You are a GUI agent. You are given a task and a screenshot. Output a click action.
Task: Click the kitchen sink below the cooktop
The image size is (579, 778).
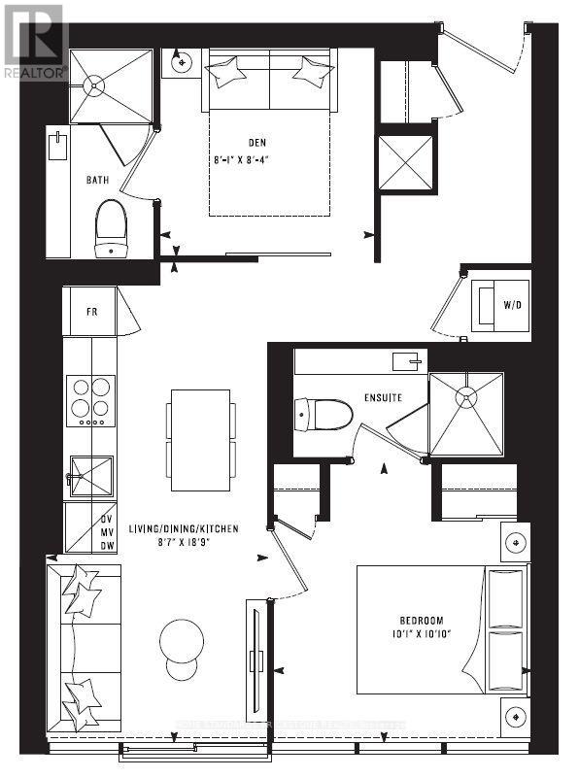click(x=90, y=477)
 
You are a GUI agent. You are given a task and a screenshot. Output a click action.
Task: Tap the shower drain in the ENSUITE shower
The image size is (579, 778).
click(x=466, y=396)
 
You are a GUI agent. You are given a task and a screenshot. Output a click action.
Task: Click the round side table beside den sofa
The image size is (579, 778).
click(x=182, y=63)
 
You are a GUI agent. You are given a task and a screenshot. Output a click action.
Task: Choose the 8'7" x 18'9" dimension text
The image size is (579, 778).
click(x=185, y=544)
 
